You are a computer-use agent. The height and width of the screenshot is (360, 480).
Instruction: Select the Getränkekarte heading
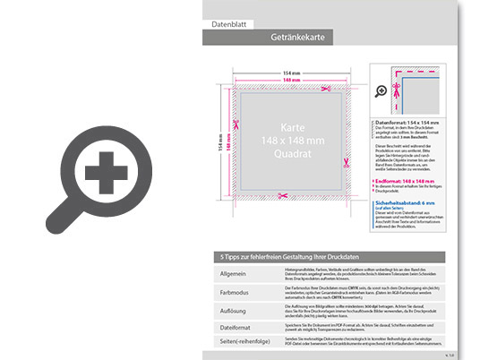point(296,38)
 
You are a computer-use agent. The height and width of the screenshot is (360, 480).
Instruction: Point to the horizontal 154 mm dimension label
point(290,73)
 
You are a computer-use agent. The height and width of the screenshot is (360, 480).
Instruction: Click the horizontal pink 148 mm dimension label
point(290,81)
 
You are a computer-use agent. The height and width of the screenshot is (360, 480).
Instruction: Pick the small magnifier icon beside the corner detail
point(381,90)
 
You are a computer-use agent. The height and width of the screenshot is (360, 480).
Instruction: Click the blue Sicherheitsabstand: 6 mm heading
point(409,203)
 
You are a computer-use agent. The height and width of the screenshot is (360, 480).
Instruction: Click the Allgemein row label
point(234,273)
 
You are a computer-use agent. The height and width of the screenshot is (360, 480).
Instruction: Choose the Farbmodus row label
point(236,291)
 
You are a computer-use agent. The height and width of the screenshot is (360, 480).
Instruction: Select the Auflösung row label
point(235,309)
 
